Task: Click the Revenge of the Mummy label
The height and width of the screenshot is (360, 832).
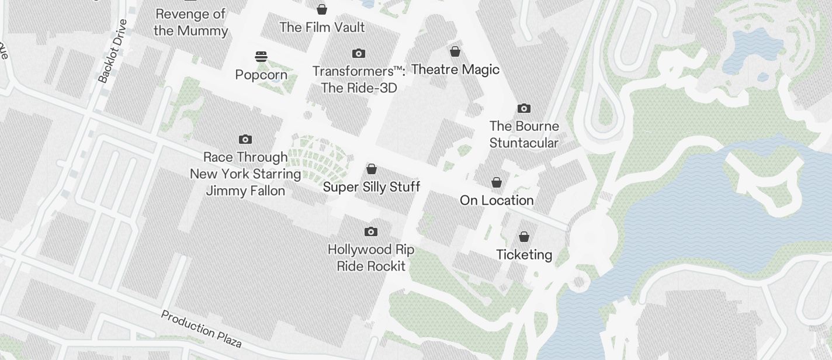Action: pos(190,22)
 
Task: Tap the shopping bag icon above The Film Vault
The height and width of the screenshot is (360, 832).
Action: pos(322,9)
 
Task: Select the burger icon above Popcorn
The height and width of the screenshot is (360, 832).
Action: pos(261,57)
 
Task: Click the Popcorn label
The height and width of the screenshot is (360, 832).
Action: pos(261,75)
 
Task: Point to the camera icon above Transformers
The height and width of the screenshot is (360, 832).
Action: pos(359,54)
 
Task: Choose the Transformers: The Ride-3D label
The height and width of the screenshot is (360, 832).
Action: pos(359,79)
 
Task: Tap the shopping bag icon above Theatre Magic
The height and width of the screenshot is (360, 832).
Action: pos(455,51)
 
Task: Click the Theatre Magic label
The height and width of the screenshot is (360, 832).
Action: pos(455,70)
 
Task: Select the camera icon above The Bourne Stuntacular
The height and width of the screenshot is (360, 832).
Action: pos(524,108)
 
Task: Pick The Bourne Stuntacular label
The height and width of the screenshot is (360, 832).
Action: pos(524,134)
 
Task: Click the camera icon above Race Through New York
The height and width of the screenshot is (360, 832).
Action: pos(245,139)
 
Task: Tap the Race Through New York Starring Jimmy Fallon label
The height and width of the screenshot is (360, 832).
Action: pos(245,174)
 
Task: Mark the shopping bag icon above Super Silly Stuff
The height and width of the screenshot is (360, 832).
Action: pos(372,169)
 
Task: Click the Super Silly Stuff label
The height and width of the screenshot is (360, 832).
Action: pos(372,187)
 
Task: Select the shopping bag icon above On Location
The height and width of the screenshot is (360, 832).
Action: pos(497,182)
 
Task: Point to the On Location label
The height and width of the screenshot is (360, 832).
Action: pos(497,200)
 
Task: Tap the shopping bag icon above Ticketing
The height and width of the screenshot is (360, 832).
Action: pos(524,237)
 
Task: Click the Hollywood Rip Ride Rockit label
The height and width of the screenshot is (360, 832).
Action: pos(371,258)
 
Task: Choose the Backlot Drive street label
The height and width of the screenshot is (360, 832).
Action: pos(113,51)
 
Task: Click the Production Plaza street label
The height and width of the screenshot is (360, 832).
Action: pos(201,328)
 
